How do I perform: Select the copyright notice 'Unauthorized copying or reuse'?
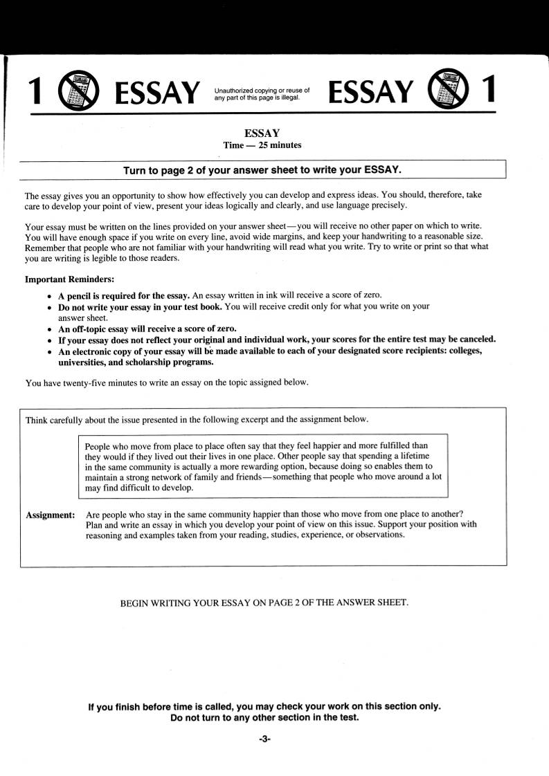(262, 91)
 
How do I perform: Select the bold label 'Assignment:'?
(50, 515)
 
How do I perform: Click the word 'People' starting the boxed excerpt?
(98, 446)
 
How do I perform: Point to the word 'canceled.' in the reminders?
(476, 340)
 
